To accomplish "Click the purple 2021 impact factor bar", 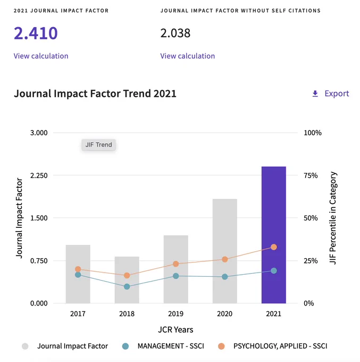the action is pos(273,235).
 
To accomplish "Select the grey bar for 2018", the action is pos(127,280).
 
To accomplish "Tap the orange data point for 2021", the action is pos(274,247).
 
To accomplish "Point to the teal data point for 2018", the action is pos(127,286).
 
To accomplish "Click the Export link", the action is pos(337,94).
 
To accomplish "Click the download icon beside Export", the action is pos(315,94).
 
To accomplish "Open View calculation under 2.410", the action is pos(41,56).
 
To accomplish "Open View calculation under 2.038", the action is pos(188,56).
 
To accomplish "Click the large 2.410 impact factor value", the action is pos(36,33).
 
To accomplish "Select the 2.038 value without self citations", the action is pos(175,33).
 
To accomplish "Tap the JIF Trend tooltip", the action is pos(98,145).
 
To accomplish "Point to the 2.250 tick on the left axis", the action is pos(39,176).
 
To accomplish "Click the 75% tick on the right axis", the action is pos(311,176).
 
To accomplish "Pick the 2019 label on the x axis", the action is pos(175,314).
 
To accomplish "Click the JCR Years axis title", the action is pos(175,330).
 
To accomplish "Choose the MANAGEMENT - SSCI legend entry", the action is pos(163,346).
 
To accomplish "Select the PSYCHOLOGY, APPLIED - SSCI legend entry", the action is pos(273,346).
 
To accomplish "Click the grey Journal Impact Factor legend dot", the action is pos(25,347).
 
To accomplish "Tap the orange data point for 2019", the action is pos(175,264).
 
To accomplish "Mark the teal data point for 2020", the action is pos(225,277).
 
